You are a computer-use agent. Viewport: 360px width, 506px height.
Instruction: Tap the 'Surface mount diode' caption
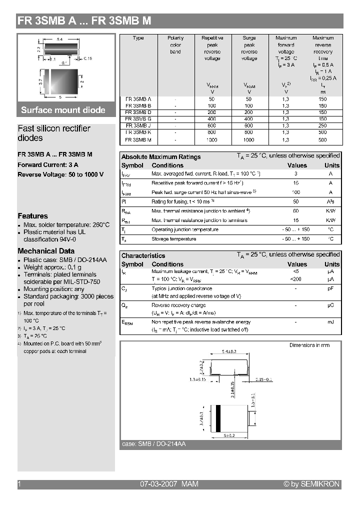click(x=63, y=110)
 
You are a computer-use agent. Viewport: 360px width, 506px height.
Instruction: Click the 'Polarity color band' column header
click(x=175, y=44)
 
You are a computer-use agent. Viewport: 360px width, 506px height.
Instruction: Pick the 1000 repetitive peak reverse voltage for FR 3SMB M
click(x=212, y=140)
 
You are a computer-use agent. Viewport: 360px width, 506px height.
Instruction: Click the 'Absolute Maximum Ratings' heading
click(x=161, y=156)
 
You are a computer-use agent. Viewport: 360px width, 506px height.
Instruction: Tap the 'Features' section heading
click(x=32, y=216)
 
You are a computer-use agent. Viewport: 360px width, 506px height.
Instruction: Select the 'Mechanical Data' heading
click(x=46, y=251)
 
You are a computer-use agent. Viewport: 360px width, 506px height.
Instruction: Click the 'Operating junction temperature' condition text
click(x=185, y=229)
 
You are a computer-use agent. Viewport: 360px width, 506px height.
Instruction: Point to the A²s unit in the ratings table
click(x=330, y=201)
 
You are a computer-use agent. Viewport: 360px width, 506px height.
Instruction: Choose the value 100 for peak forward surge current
click(x=296, y=192)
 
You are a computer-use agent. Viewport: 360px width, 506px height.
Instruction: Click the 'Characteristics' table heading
click(x=143, y=255)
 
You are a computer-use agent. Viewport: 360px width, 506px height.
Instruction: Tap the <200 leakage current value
click(x=296, y=279)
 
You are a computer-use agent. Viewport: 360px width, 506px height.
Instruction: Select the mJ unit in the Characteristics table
click(x=330, y=322)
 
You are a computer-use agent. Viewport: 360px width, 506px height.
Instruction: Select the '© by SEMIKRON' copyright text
click(x=311, y=484)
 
